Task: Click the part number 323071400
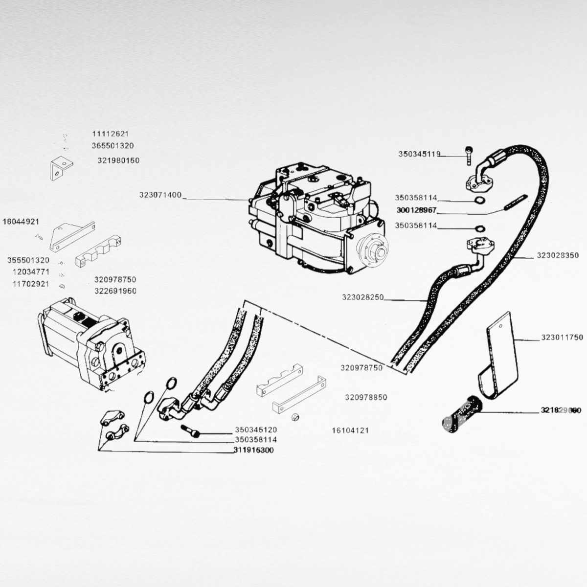click(160, 195)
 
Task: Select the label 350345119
click(419, 154)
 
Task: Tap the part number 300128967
click(416, 211)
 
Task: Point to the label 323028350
click(558, 256)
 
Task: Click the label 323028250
click(363, 297)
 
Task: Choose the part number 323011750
click(562, 338)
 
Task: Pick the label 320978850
click(366, 397)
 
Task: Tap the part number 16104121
click(350, 431)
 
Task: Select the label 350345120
click(256, 430)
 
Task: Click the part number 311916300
click(253, 451)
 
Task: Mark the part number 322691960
click(115, 292)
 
